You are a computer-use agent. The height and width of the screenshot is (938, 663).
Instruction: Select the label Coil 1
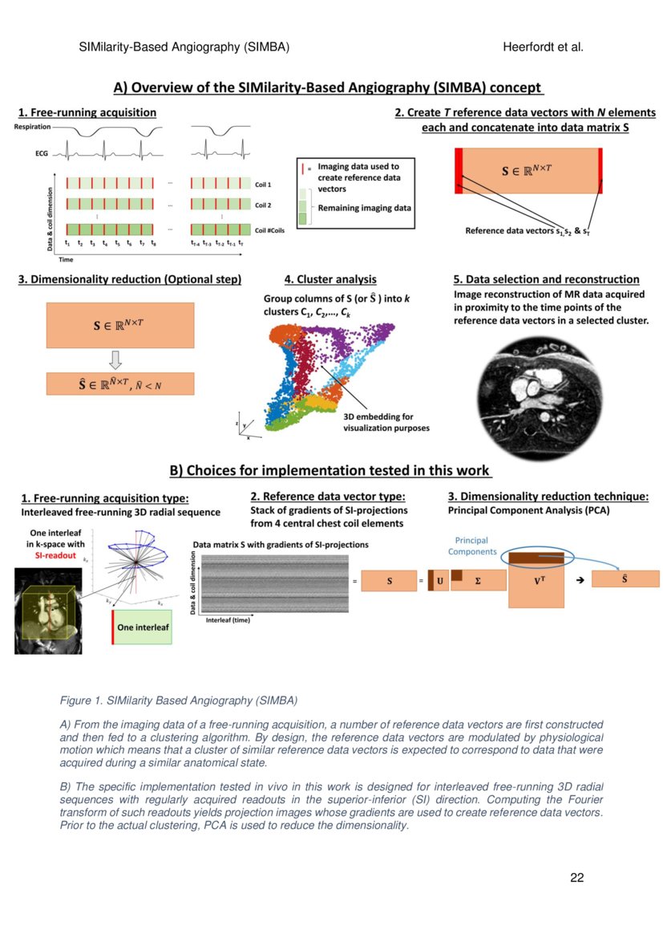pyautogui.click(x=263, y=184)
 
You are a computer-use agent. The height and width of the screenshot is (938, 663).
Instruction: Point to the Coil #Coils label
pyautogui.click(x=269, y=229)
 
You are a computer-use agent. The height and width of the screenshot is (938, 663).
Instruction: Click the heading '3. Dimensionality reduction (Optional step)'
pyautogui.click(x=129, y=279)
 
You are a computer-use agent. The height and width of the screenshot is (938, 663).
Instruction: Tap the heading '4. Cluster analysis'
pyautogui.click(x=330, y=279)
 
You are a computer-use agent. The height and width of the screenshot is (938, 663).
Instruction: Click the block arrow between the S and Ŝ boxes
pyautogui.click(x=120, y=359)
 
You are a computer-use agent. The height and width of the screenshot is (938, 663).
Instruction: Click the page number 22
pyautogui.click(x=576, y=877)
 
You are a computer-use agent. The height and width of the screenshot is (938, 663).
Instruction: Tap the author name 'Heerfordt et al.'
pyautogui.click(x=543, y=47)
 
